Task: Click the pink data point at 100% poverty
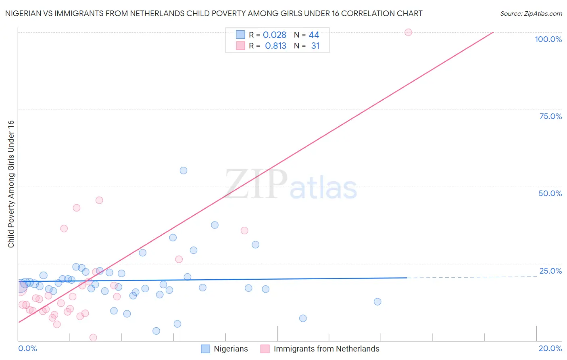408,32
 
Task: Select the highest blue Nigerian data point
183,170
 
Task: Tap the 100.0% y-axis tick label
548,39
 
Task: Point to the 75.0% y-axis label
550,116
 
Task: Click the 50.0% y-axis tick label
550,193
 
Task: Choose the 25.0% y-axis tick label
550,271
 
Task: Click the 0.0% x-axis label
27,348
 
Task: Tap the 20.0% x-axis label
550,348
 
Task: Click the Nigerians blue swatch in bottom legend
206,349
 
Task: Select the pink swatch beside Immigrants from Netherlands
265,349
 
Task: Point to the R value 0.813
275,46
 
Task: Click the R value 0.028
275,35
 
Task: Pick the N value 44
314,35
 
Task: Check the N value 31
315,46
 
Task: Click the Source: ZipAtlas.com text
531,14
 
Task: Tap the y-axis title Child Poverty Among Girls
11,184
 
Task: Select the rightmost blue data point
377,301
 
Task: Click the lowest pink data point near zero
93,337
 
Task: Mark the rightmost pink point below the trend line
244,230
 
